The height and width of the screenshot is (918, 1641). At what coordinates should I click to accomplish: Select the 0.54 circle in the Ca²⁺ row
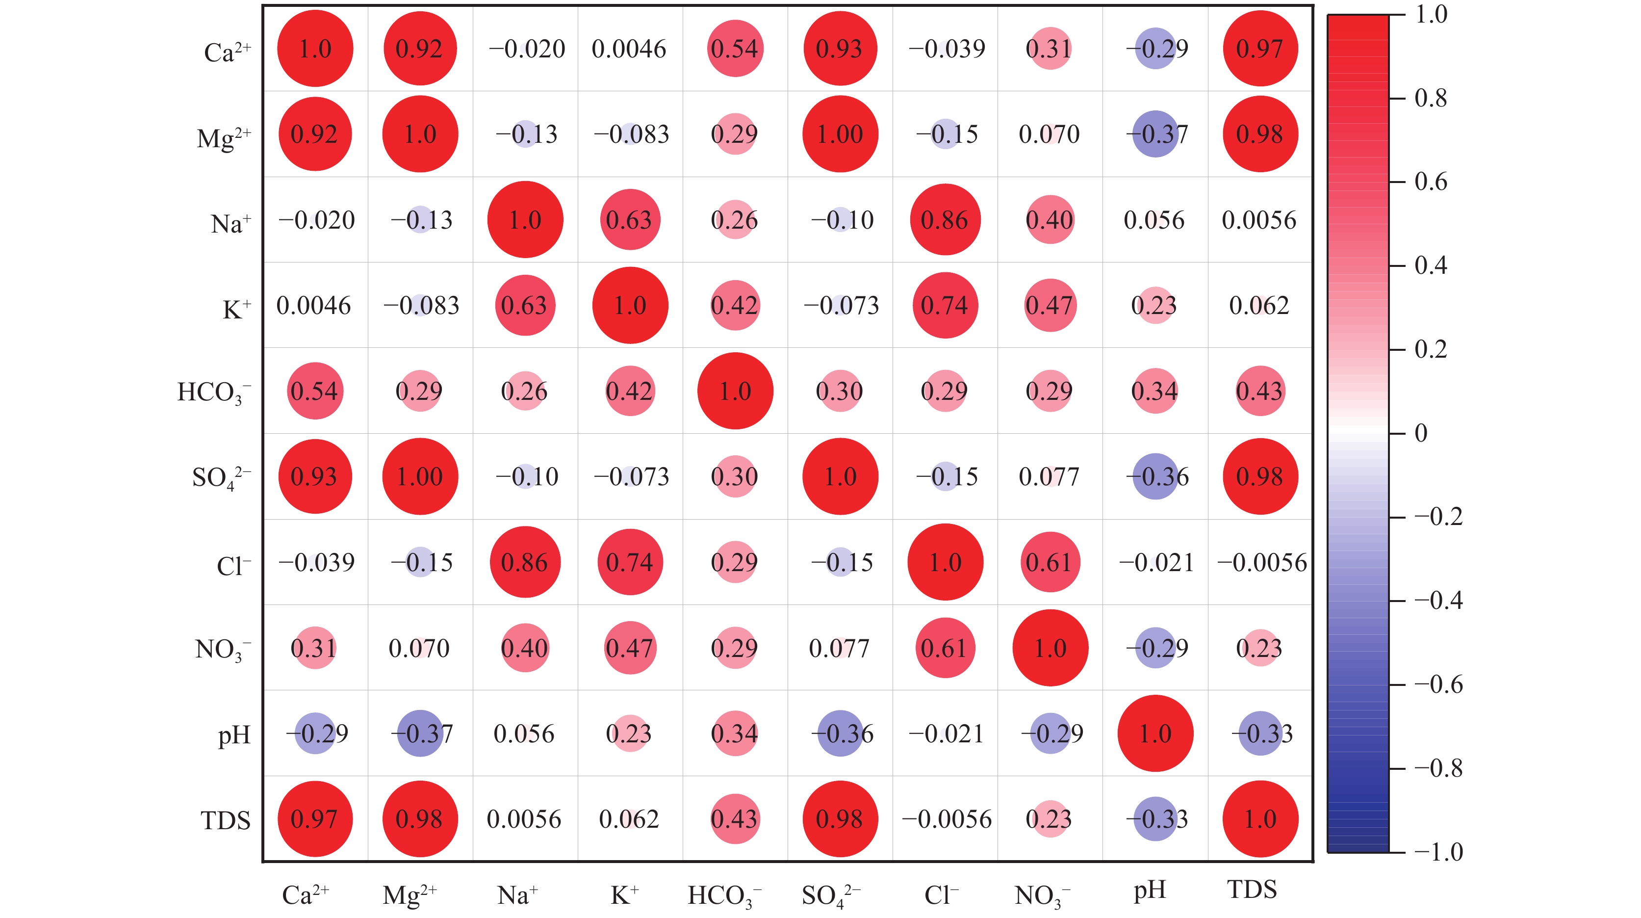click(x=735, y=49)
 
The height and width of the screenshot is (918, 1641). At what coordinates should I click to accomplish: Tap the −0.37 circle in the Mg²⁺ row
click(x=1155, y=134)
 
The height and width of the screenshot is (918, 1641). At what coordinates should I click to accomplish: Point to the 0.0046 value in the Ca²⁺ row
click(x=629, y=49)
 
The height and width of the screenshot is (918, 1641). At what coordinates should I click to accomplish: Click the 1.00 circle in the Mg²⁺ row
click(x=840, y=134)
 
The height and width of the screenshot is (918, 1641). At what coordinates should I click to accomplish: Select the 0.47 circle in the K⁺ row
click(x=1051, y=305)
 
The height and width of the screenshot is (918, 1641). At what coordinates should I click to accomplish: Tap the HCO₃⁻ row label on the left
click(x=214, y=392)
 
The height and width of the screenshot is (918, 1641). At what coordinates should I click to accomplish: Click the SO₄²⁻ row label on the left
click(x=222, y=477)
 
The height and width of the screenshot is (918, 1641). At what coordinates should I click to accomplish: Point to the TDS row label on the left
click(x=226, y=820)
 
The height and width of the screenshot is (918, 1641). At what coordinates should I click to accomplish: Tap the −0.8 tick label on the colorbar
click(x=1438, y=769)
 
